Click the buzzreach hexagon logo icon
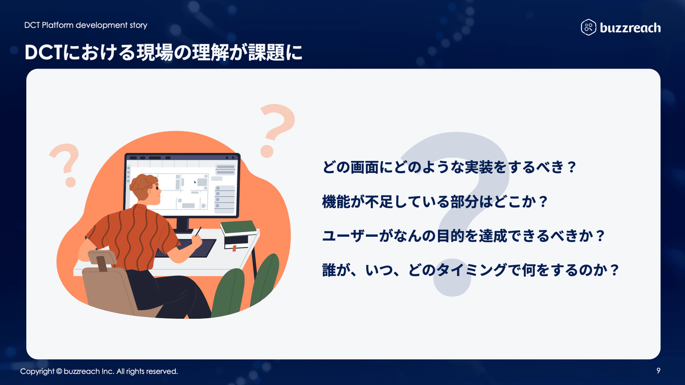pos(589,27)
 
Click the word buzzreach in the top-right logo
pos(630,27)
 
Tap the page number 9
pos(659,371)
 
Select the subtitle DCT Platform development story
pos(86,25)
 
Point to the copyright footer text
pos(99,371)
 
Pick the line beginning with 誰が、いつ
pos(470,269)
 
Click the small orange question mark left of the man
pos(65,164)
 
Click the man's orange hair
pos(143,184)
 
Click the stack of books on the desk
pos(239,228)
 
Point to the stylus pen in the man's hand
pos(197,232)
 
